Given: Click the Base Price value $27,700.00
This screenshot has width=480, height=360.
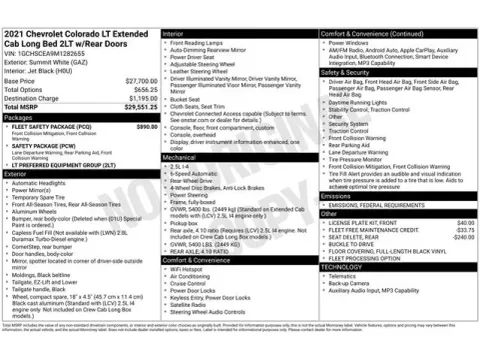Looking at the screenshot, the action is click(x=136, y=80).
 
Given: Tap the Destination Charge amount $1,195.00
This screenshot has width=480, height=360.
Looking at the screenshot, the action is click(x=138, y=98).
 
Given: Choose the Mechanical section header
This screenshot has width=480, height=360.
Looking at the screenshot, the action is click(x=181, y=156).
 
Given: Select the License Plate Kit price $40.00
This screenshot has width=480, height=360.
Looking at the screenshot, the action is click(x=464, y=222).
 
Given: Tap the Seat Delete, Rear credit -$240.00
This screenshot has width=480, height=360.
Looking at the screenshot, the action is click(x=461, y=238).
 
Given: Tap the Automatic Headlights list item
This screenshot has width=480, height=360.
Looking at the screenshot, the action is click(x=40, y=183).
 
